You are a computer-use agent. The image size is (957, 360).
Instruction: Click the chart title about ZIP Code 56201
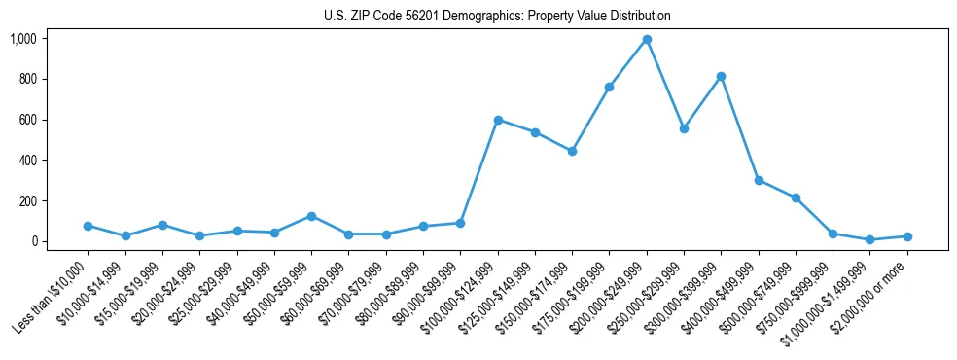[x=497, y=17]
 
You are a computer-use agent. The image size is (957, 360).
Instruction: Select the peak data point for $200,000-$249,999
[x=647, y=40]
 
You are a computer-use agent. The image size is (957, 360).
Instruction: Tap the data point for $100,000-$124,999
[x=498, y=120]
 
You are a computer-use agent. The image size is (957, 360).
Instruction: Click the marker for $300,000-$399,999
[x=721, y=76]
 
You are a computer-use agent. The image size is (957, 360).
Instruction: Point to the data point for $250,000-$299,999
[x=684, y=128]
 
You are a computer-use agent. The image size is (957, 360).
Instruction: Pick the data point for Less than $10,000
[x=88, y=226]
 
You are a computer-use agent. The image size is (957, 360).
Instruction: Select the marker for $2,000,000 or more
[x=907, y=236]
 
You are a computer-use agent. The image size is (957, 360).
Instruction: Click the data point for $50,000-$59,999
[x=311, y=216]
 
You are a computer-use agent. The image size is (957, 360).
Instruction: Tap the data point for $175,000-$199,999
[x=609, y=87]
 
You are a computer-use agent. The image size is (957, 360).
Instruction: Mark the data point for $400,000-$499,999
[x=759, y=180]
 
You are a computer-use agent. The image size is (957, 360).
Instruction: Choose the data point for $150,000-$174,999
[x=572, y=151]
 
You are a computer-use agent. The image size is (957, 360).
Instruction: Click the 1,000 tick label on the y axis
[x=22, y=39]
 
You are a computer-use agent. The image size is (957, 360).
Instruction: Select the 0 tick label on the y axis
[x=34, y=241]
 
